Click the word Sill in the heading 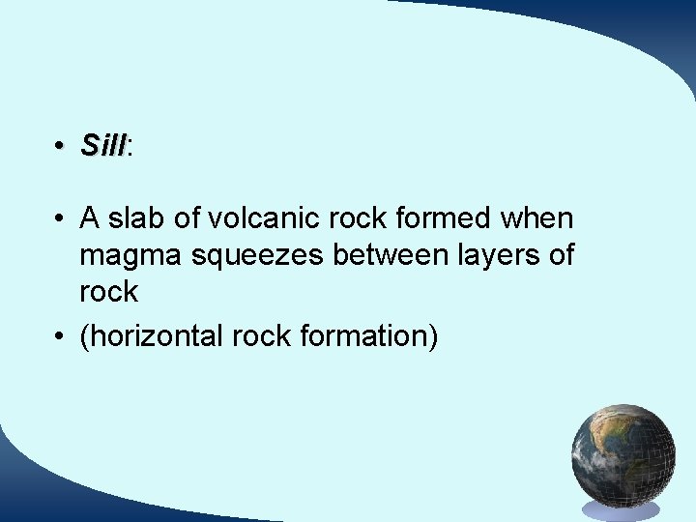coord(102,146)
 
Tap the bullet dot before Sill coord(60,146)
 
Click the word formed coord(443,218)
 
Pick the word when coord(536,218)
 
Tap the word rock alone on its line coord(108,292)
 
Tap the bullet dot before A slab coord(60,219)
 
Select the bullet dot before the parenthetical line coord(60,337)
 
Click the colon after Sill coord(130,148)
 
